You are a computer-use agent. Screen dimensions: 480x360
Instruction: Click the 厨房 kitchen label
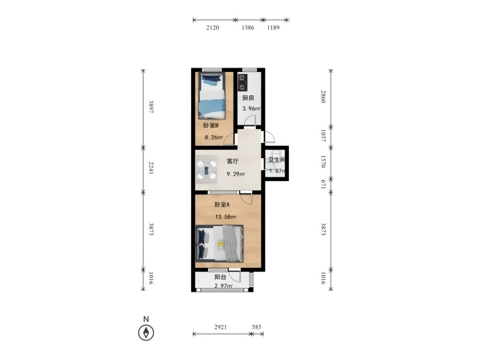pos(248,98)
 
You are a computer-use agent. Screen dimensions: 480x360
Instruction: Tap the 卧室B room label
pos(210,125)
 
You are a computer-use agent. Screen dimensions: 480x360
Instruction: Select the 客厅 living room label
pos(232,161)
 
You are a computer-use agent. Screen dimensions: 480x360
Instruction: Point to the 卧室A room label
pos(222,204)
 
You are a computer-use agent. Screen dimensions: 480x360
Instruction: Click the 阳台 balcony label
pos(220,277)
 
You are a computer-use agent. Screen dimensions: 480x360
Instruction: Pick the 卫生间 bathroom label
pos(276,160)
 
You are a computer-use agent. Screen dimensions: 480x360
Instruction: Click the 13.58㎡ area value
pos(225,217)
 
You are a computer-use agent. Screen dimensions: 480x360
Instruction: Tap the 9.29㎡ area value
pos(235,174)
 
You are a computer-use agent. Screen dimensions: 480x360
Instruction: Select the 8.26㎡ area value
pos(213,137)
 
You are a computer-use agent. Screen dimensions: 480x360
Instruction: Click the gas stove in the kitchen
pos(242,82)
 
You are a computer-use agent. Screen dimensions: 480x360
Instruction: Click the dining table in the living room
pos(206,170)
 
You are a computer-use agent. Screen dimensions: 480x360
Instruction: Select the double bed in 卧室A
pos(219,243)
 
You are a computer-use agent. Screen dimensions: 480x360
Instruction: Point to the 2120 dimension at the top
pos(213,27)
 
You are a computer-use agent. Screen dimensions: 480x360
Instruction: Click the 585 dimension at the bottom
pos(256,327)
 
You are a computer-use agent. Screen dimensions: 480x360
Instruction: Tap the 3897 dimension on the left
pos(150,106)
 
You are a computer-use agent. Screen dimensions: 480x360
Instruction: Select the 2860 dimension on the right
pos(322,96)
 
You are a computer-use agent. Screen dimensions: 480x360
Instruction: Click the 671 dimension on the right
pos(322,184)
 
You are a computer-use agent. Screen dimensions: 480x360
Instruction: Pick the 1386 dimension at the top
pos(248,27)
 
